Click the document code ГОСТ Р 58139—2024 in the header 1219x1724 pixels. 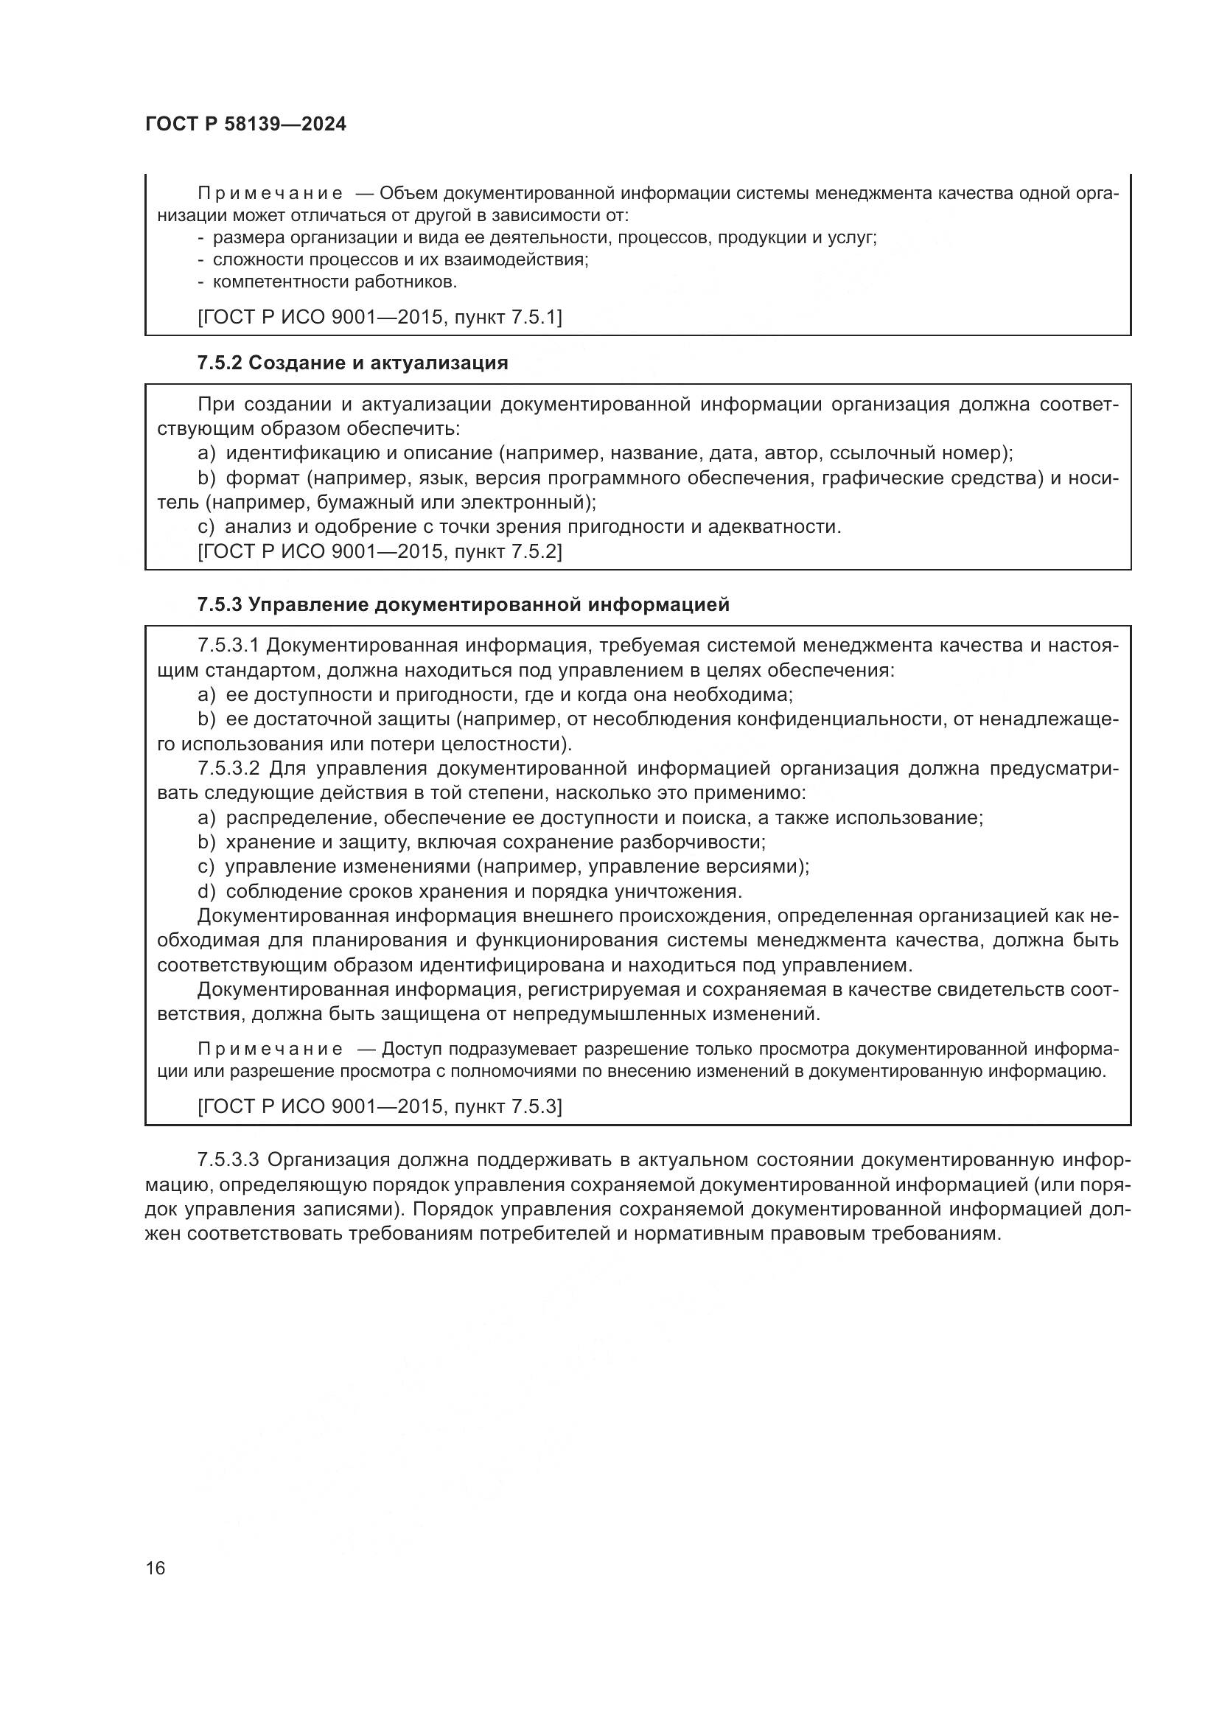click(245, 125)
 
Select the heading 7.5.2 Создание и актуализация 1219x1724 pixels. click(352, 363)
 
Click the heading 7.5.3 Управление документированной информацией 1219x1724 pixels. click(463, 604)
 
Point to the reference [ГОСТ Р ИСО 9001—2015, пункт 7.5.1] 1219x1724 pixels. click(380, 317)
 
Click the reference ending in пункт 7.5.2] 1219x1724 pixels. click(380, 552)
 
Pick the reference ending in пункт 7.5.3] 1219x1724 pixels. click(380, 1106)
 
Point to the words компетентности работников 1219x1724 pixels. click(335, 282)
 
